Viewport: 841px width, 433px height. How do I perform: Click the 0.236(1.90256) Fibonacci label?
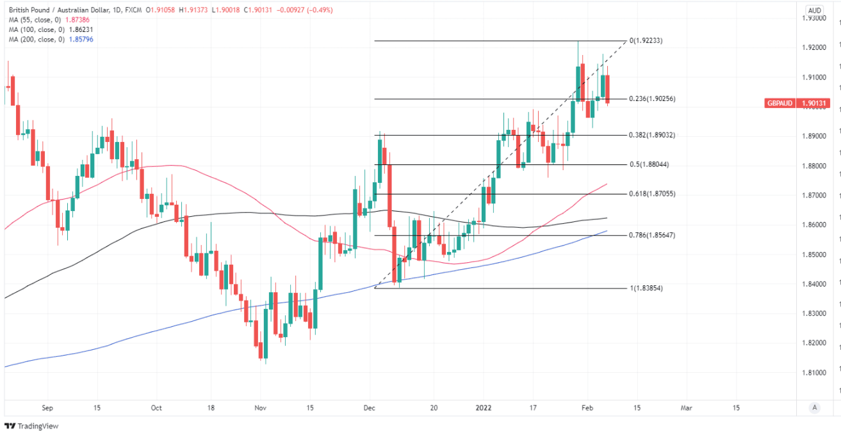(x=652, y=99)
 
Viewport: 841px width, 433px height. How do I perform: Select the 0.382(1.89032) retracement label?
(x=652, y=136)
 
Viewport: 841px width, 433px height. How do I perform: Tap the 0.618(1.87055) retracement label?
(x=652, y=194)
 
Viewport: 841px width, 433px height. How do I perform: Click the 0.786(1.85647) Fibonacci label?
(x=652, y=235)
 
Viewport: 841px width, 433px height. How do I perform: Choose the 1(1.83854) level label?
(x=647, y=288)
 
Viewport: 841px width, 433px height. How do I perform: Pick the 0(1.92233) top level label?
(x=647, y=41)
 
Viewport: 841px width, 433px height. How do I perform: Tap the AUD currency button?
(x=815, y=10)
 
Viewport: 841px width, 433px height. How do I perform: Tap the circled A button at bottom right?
(x=813, y=407)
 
